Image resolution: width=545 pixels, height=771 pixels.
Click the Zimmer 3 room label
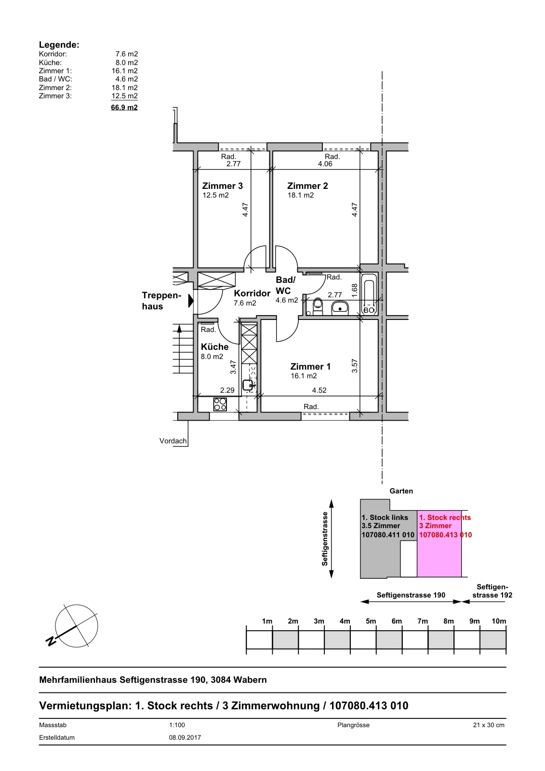coord(223,186)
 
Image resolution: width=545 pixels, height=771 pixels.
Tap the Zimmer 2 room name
coord(307,186)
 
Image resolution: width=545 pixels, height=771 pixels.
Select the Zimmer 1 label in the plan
coord(310,367)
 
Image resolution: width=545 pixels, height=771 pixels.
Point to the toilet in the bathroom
coord(318,306)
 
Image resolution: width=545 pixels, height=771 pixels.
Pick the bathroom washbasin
coord(340,308)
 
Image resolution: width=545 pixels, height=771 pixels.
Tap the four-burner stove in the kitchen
coord(220,404)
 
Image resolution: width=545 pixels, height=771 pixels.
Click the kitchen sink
coord(248,385)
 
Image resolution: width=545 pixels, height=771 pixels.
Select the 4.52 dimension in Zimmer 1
coord(319,390)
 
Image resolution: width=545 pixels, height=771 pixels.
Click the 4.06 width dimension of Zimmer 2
coord(325,164)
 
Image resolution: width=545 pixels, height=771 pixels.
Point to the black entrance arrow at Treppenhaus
coord(191,301)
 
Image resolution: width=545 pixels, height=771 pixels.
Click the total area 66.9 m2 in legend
coord(124,107)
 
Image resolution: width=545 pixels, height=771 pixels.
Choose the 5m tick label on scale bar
coord(371,621)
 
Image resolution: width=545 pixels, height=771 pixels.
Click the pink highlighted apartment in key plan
coord(439,544)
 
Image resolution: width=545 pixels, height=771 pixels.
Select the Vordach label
coord(173,441)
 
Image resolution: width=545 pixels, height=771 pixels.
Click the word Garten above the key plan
coord(401,491)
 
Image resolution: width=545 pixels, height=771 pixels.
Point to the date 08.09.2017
coord(185,738)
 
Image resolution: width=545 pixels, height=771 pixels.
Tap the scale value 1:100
coord(177,725)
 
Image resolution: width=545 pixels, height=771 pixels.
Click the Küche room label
coord(214,346)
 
